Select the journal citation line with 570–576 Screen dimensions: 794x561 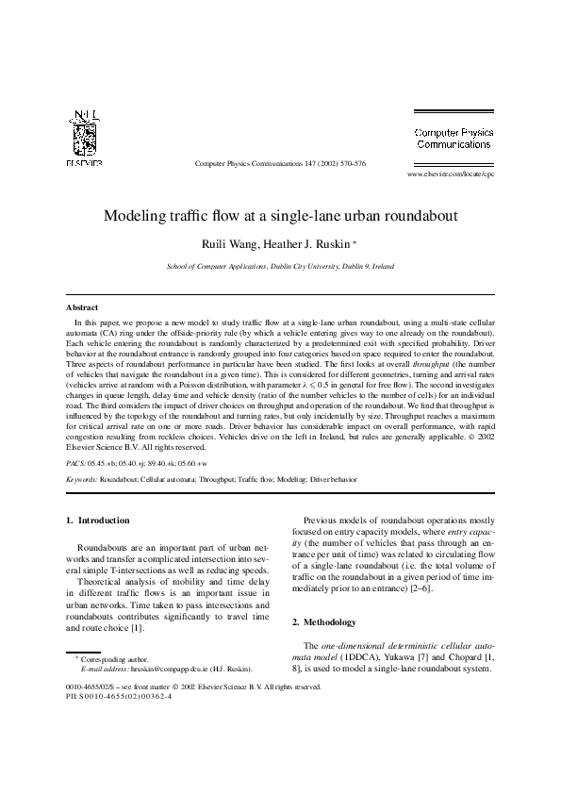click(280, 163)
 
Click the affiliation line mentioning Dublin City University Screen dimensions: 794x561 click(280, 267)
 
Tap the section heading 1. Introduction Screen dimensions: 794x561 click(98, 521)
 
